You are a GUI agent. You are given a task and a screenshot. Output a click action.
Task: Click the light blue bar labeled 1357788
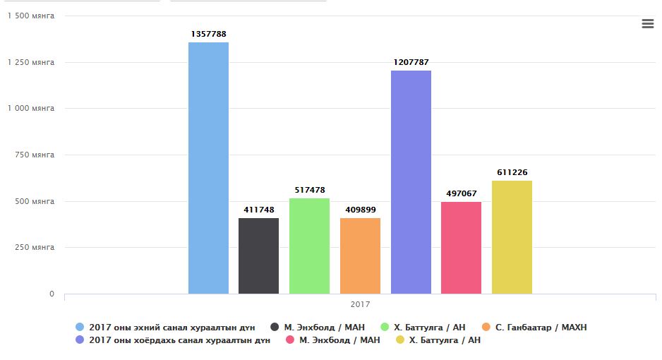pyautogui.click(x=208, y=168)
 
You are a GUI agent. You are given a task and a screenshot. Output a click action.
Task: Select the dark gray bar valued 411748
pyautogui.click(x=258, y=256)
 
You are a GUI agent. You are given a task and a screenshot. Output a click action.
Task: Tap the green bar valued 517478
pyautogui.click(x=309, y=246)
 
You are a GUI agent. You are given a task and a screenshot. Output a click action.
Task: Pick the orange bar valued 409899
pyautogui.click(x=360, y=256)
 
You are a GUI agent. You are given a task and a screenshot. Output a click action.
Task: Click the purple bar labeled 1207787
pyautogui.click(x=411, y=182)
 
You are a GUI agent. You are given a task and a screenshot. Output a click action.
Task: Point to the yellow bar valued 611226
pyautogui.click(x=512, y=237)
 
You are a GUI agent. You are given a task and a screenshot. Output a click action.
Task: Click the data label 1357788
pyautogui.click(x=208, y=34)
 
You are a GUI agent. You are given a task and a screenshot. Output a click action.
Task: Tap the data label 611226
pyautogui.click(x=512, y=172)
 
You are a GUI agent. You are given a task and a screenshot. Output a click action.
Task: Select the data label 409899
pyautogui.click(x=360, y=210)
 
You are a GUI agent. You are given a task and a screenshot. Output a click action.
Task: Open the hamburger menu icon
pyautogui.click(x=647, y=24)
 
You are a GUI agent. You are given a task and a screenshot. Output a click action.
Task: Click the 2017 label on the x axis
pyautogui.click(x=360, y=304)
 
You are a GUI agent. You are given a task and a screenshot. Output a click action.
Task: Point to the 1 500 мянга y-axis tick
pyautogui.click(x=30, y=16)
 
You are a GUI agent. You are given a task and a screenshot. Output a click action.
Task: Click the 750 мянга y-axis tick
pyautogui.click(x=35, y=155)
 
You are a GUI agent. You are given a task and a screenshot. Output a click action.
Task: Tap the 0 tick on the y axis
pyautogui.click(x=52, y=294)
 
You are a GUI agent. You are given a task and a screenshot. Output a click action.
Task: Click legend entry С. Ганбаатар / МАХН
pyautogui.click(x=541, y=328)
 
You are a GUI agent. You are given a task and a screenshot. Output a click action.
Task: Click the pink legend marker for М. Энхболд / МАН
pyautogui.click(x=289, y=340)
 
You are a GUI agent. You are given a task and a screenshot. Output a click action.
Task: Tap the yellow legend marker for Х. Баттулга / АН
pyautogui.click(x=399, y=340)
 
